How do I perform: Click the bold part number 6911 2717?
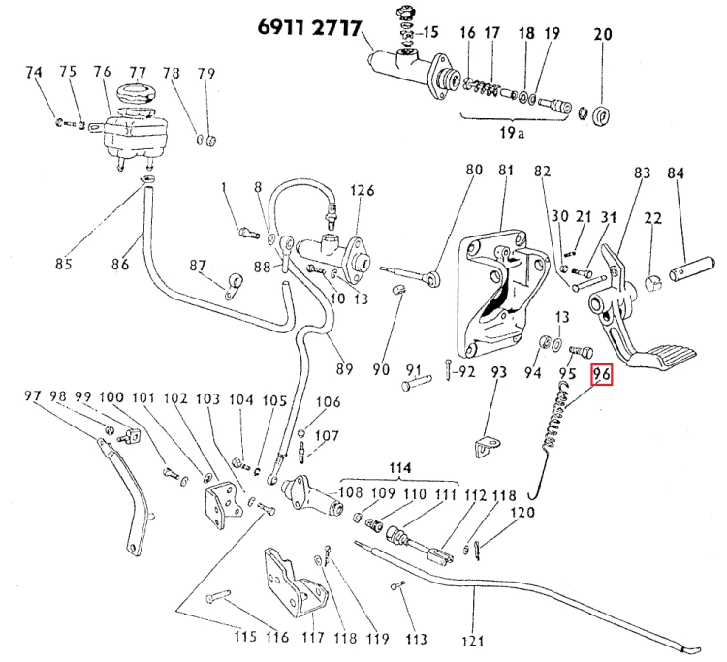pyautogui.click(x=309, y=28)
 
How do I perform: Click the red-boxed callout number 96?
pyautogui.click(x=601, y=375)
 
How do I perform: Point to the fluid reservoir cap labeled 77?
pyautogui.click(x=136, y=93)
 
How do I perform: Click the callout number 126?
pyautogui.click(x=362, y=191)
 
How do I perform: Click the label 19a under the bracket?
pyautogui.click(x=512, y=134)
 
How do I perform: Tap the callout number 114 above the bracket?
pyautogui.click(x=399, y=468)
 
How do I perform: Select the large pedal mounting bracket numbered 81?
pyautogui.click(x=502, y=298)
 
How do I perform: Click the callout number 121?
pyautogui.click(x=472, y=641)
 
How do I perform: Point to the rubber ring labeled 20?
pyautogui.click(x=602, y=117)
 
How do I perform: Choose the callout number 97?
pyautogui.click(x=33, y=396)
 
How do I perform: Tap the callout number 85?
pyautogui.click(x=64, y=264)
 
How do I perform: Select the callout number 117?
pyautogui.click(x=313, y=638)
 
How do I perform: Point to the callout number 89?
pyautogui.click(x=344, y=369)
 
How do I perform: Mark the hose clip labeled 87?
pyautogui.click(x=234, y=286)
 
